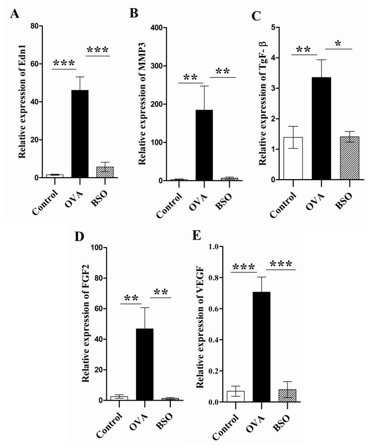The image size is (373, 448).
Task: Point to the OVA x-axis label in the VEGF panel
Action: point(259,420)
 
